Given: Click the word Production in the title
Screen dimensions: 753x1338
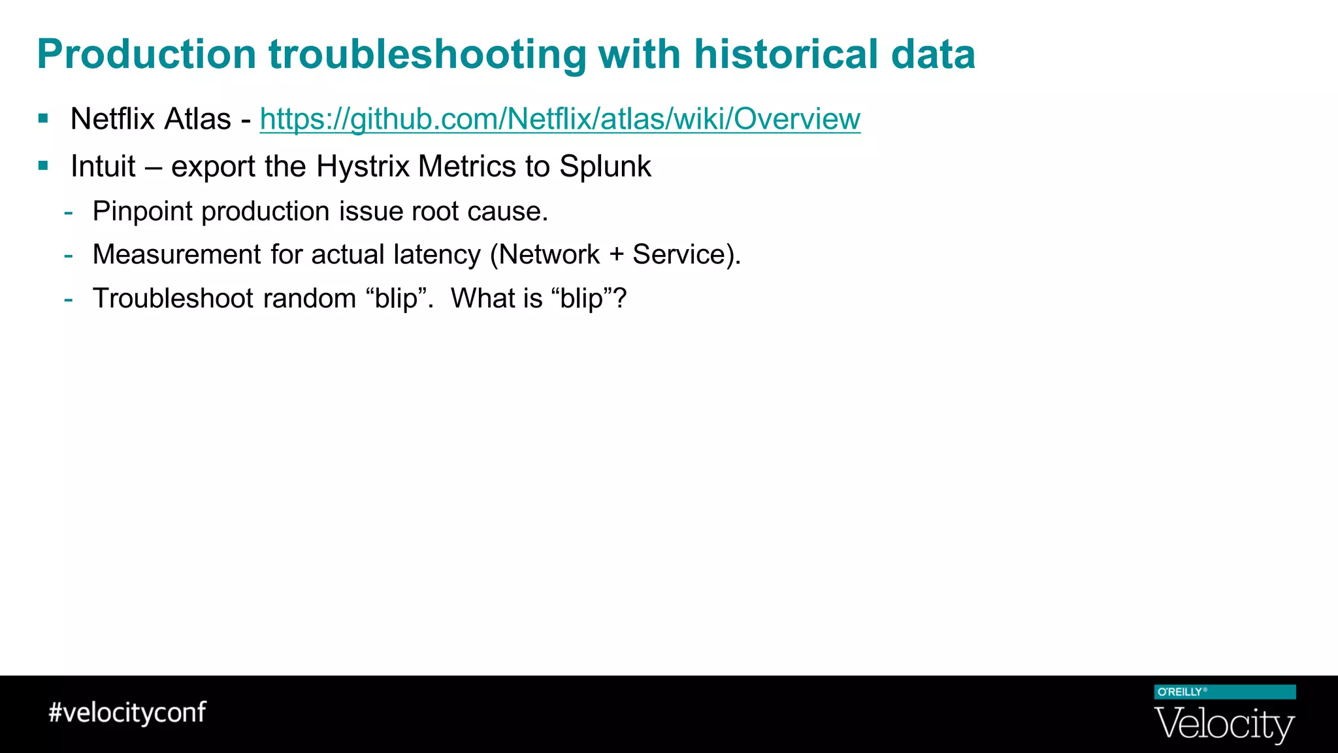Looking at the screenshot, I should [x=146, y=54].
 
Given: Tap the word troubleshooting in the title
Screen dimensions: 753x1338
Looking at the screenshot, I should [x=427, y=54].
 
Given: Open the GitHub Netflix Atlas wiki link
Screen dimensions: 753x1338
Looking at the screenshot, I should [x=560, y=119].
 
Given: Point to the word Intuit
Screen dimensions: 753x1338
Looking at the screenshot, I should [x=103, y=166].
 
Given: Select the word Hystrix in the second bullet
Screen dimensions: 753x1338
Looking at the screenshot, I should [x=363, y=166].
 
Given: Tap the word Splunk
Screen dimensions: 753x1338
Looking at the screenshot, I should [x=605, y=166].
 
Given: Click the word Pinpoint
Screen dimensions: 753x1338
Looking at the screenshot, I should [x=142, y=212].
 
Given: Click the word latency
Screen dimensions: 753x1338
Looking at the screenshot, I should [x=437, y=254].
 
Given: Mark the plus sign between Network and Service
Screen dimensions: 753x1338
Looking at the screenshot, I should [x=615, y=255].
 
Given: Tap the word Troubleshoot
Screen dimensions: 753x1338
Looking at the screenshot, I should [x=173, y=298].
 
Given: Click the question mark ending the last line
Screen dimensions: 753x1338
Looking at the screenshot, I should [x=620, y=298].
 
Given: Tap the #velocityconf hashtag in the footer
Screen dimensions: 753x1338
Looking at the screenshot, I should [x=127, y=712].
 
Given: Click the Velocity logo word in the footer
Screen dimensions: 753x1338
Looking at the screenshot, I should [x=1224, y=724].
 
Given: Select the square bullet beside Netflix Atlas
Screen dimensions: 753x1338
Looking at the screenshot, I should [x=43, y=119].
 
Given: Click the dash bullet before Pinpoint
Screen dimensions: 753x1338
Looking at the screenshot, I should [x=69, y=212].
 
